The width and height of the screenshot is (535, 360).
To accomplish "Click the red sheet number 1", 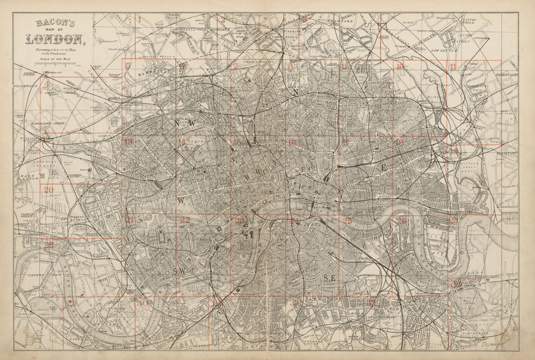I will pos(139,19).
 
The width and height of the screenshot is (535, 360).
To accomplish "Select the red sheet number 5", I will pos(128,66).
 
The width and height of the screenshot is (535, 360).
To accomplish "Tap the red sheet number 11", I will pos(453,67).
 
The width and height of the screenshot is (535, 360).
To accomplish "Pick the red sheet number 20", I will pos(49,189).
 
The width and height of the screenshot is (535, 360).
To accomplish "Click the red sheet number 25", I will pos(348,220).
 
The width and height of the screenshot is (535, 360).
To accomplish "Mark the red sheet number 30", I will pos(142,303).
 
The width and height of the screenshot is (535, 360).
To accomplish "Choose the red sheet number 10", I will pos(400,67).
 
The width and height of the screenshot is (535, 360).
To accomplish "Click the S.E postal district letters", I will pos(329,278).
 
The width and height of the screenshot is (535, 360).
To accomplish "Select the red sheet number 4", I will pos(47,84).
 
